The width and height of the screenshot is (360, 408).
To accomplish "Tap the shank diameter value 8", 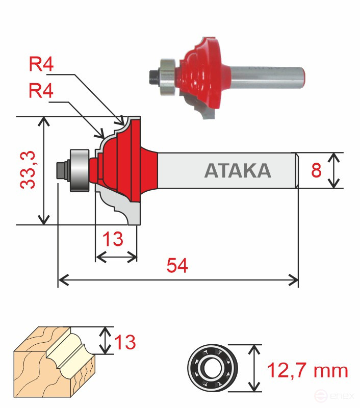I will click(x=316, y=170).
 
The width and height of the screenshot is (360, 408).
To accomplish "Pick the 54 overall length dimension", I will click(x=178, y=265).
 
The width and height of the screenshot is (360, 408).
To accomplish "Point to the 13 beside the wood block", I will click(x=124, y=342).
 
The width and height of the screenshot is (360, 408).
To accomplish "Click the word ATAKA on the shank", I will click(x=237, y=171).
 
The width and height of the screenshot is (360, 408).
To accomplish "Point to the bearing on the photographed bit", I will click(x=167, y=75).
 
